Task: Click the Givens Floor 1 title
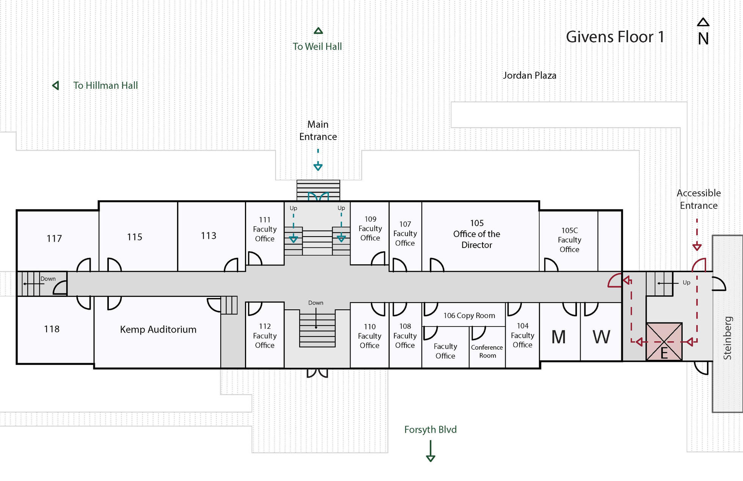click(x=615, y=37)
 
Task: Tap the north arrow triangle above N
click(x=703, y=22)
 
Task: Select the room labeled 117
click(x=54, y=238)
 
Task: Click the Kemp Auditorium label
click(x=158, y=330)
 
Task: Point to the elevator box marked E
click(x=664, y=342)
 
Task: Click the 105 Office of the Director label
click(x=477, y=234)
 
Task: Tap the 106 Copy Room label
click(x=469, y=315)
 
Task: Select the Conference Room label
click(x=487, y=351)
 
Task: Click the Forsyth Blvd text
click(x=430, y=429)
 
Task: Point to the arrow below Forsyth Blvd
click(x=430, y=452)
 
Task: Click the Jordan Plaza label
click(x=529, y=76)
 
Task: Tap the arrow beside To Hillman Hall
click(x=56, y=85)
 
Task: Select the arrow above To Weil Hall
click(x=318, y=31)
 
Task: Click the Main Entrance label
click(x=318, y=130)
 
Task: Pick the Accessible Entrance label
click(x=699, y=199)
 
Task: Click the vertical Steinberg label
click(x=727, y=338)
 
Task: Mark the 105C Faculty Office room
click(x=569, y=240)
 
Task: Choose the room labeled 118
click(x=52, y=329)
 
